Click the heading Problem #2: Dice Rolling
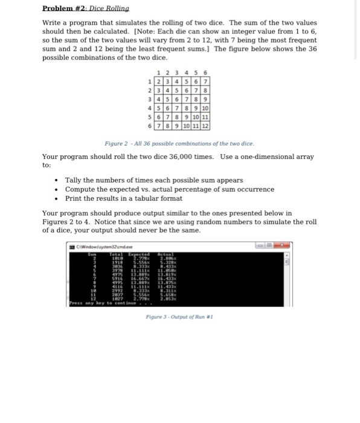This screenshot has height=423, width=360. (x=86, y=8)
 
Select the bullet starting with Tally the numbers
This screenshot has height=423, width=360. (x=153, y=180)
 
